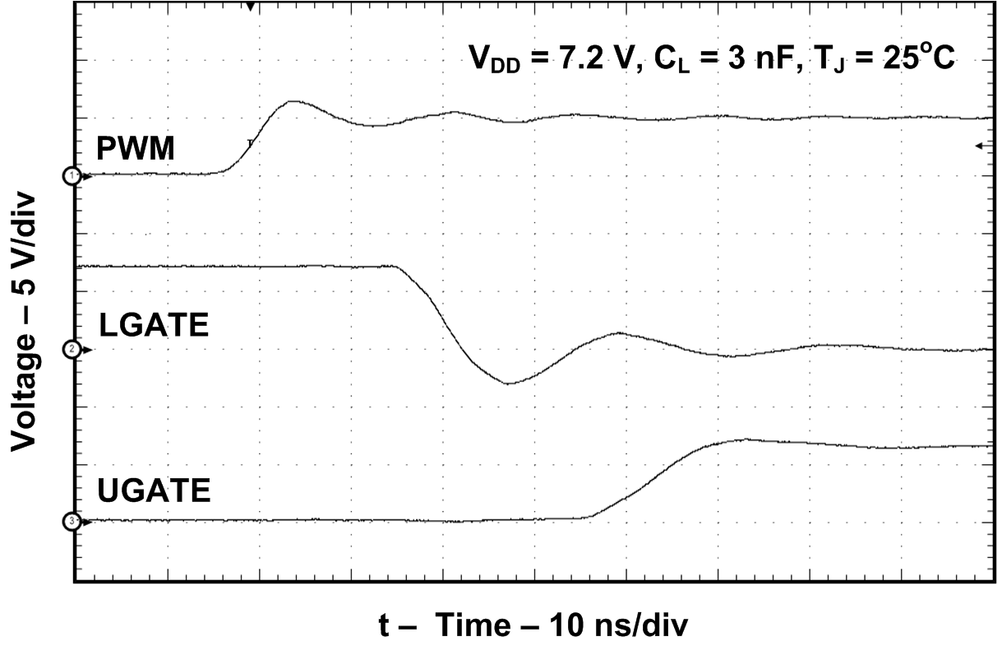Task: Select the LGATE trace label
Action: [154, 325]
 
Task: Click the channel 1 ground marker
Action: [73, 176]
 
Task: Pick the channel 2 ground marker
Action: [73, 350]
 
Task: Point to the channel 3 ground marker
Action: [73, 522]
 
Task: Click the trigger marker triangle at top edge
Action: [251, 7]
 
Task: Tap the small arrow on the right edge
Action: [980, 146]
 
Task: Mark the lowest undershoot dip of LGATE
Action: [509, 383]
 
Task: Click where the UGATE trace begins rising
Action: [585, 517]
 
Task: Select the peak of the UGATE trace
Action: [744, 439]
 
